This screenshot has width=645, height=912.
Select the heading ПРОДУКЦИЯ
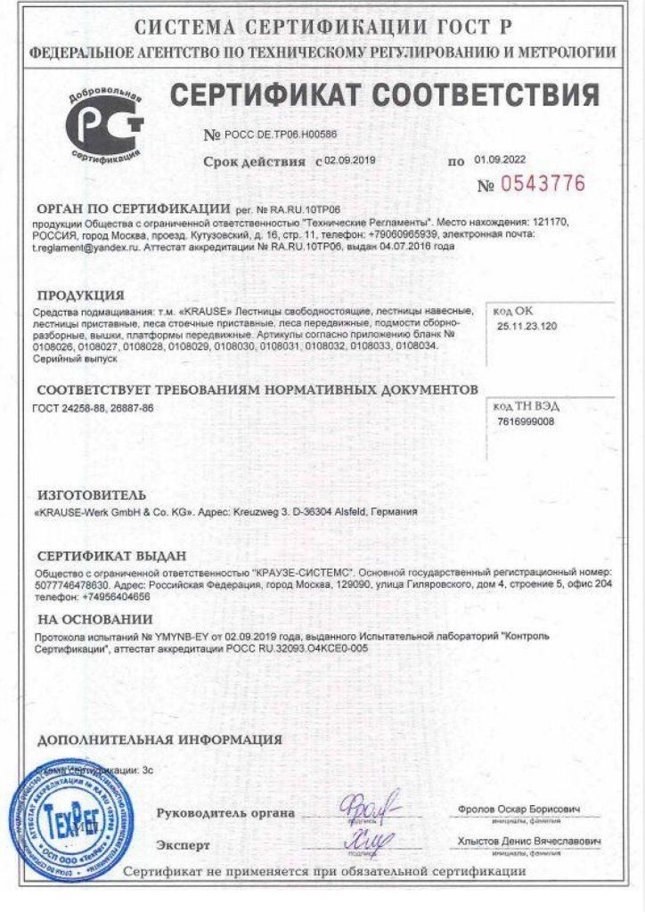pos(80,295)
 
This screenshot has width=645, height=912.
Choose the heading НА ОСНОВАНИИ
pos(95,620)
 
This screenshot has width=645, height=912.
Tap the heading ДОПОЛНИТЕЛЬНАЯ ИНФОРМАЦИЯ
pos(160,739)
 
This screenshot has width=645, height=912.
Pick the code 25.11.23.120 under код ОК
pos(527,327)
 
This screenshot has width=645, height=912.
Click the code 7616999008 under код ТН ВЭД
pos(526,421)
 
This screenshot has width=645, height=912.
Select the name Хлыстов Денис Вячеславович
pos(529,842)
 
